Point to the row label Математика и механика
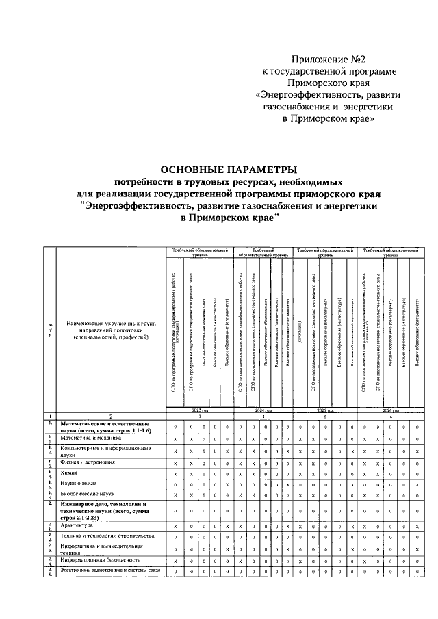pyautogui.click(x=90, y=438)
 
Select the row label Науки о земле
pyautogui.click(x=77, y=484)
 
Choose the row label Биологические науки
pyautogui.click(x=85, y=493)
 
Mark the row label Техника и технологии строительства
pyautogui.click(x=102, y=536)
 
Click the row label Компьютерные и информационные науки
pyautogui.click(x=103, y=450)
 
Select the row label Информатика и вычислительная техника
pyautogui.click(x=101, y=549)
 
